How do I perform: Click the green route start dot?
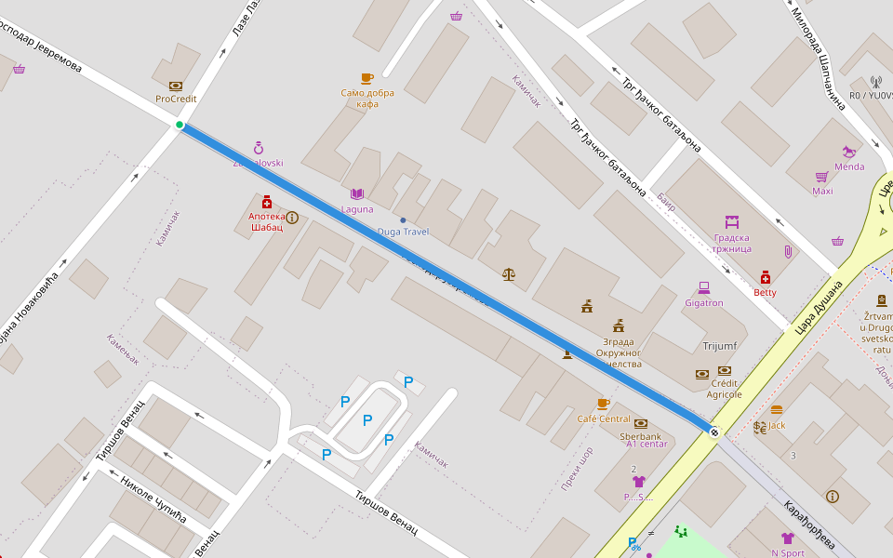click(180, 125)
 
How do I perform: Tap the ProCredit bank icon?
click(176, 86)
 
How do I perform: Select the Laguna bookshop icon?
click(356, 194)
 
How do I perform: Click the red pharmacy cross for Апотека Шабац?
click(266, 202)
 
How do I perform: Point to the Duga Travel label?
click(403, 231)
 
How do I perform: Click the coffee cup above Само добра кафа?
click(367, 79)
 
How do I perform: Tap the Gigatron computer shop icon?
click(703, 288)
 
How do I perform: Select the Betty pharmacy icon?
click(765, 277)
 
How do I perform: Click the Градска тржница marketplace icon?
click(732, 222)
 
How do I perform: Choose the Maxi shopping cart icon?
click(821, 177)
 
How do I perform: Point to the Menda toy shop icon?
click(848, 152)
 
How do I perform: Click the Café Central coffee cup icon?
click(603, 404)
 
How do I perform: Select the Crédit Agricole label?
click(724, 389)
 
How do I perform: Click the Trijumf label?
click(719, 346)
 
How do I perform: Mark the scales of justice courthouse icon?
click(508, 273)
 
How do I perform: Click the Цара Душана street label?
click(818, 307)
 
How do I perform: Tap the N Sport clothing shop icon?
click(787, 538)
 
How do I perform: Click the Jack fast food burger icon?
click(777, 410)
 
